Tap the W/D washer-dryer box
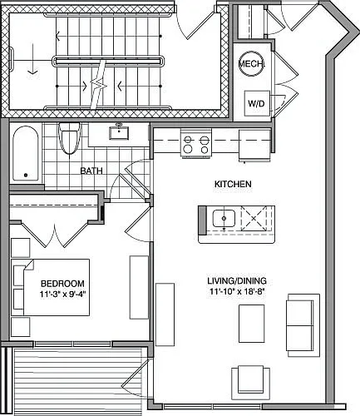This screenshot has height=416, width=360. coord(257,103)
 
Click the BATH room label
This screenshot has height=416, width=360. coord(91,171)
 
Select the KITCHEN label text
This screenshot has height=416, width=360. coord(233,184)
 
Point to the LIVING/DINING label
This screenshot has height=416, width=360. coord(237,280)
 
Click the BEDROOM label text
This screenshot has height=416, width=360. coord(62,284)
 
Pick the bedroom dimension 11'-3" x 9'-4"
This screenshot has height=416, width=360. coord(62,295)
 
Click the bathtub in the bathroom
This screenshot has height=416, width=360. coord(26,153)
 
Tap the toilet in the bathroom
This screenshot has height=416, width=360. coord(69,138)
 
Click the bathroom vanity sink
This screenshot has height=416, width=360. coord(119,133)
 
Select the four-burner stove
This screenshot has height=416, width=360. coord(196,144)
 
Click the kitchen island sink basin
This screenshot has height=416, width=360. coord(224,219)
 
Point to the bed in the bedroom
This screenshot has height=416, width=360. coord(51,287)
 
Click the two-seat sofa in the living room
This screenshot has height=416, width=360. coord(303,325)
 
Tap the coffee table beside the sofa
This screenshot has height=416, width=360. coord(252,324)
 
